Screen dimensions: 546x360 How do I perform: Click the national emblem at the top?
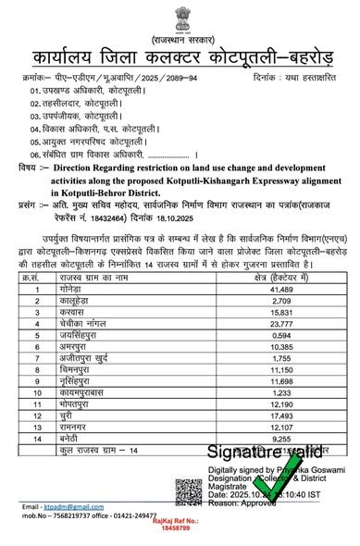(x=180, y=16)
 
